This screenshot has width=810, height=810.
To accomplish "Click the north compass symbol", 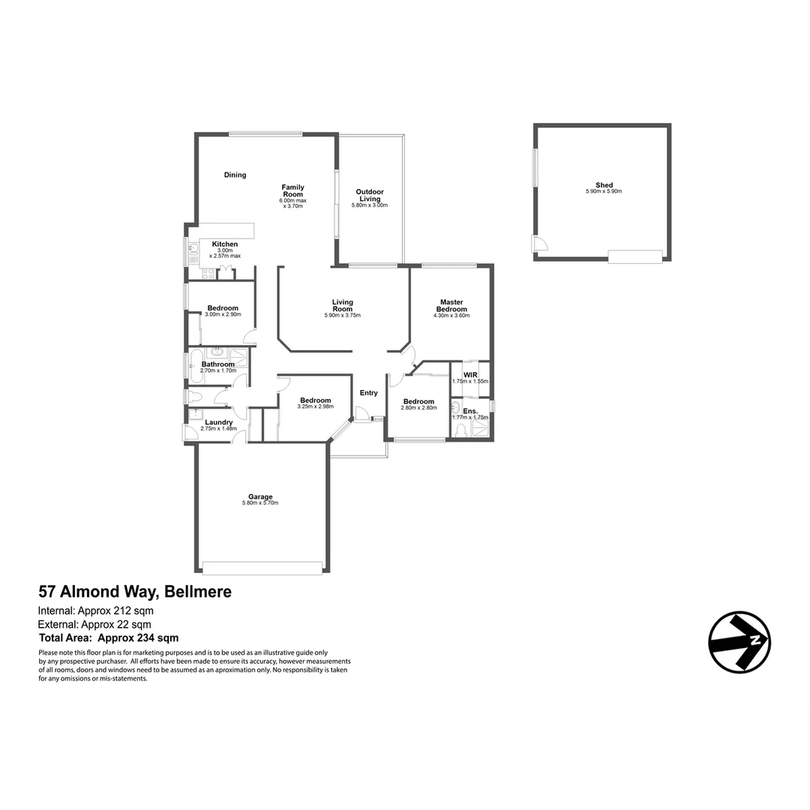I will pos(739,642).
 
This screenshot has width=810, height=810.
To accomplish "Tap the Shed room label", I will pos(604,185).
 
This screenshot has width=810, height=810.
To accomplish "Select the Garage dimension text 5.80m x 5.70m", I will pos(260,502).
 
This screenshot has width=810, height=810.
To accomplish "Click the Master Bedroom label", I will pos(451,306).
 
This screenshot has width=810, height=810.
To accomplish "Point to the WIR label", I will pos(470,373).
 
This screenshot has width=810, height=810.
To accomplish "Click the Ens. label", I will pos(470,411).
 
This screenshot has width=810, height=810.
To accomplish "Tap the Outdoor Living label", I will pos(370,195).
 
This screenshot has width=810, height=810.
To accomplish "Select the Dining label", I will pos(235,175).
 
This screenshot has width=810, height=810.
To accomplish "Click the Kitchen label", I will pos(225,244).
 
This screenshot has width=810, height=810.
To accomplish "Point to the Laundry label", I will pos(218,422).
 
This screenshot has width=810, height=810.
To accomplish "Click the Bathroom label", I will pos(218,364).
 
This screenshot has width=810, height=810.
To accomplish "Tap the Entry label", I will pos(368,393).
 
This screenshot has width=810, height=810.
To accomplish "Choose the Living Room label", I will pos(342,306).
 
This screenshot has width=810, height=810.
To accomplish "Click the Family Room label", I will pos(292,190).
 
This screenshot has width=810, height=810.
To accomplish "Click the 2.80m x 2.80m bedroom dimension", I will pos(418,408).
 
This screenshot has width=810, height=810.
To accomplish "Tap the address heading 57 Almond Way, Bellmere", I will pos(135,592).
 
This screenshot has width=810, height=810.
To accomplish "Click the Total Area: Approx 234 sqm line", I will pos(109,638).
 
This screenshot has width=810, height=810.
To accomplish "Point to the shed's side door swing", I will pos(538,243).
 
